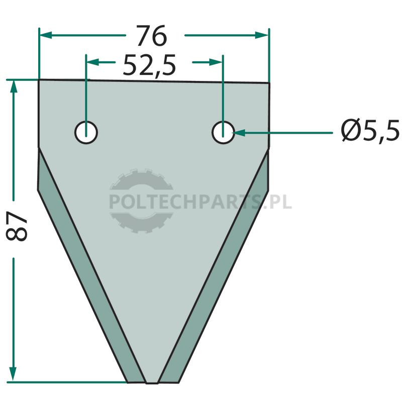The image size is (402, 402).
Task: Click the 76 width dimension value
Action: click(x=152, y=36)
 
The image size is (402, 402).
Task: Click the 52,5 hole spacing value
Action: click(x=149, y=65)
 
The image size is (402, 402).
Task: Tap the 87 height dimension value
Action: click(x=17, y=226)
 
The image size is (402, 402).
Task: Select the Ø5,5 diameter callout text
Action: click(x=370, y=131)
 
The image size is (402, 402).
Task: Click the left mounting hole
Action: click(x=86, y=133)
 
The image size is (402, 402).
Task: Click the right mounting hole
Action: click(x=223, y=133)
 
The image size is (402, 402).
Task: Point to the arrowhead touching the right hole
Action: click(x=239, y=133)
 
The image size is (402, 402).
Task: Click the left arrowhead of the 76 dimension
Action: click(x=46, y=35)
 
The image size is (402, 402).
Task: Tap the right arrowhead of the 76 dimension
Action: click(x=262, y=35)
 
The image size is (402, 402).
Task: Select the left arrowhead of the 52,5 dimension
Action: click(x=93, y=62)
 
